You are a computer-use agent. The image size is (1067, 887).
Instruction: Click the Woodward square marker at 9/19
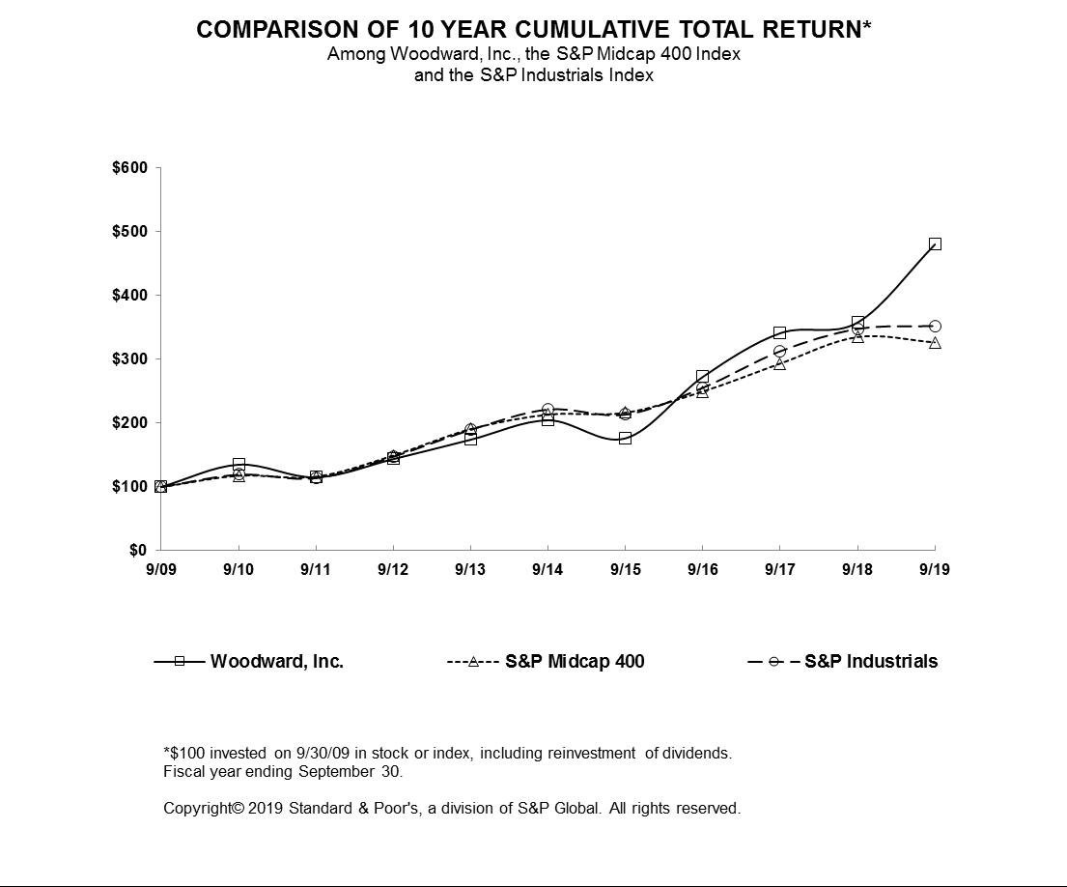click(x=935, y=243)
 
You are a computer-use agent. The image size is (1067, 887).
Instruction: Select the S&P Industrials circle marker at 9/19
click(x=935, y=326)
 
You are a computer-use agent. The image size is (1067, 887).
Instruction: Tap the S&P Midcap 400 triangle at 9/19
click(x=935, y=342)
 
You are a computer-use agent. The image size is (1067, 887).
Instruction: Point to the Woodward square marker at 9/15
click(x=626, y=438)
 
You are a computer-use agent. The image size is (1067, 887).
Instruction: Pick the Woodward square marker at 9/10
click(x=239, y=464)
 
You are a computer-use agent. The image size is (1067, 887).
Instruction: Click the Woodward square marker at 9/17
click(x=780, y=333)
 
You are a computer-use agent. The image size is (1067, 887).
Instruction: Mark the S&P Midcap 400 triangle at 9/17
click(x=780, y=364)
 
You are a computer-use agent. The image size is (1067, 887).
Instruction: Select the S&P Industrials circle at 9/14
click(x=548, y=409)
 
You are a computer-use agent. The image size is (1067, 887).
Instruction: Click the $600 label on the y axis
click(x=130, y=167)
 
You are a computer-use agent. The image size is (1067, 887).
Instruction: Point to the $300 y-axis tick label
click(x=130, y=358)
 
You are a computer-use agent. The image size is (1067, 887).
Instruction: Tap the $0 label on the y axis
click(x=138, y=550)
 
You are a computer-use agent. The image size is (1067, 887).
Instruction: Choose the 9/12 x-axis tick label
click(x=393, y=569)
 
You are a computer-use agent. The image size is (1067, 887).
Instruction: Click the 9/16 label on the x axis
click(x=703, y=569)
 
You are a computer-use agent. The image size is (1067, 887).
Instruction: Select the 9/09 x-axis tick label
click(x=161, y=569)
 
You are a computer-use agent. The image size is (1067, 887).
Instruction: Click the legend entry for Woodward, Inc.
click(x=249, y=661)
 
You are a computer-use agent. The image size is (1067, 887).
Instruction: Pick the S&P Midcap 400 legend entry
click(x=546, y=661)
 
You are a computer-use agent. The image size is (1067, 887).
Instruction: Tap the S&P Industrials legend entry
click(x=842, y=661)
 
